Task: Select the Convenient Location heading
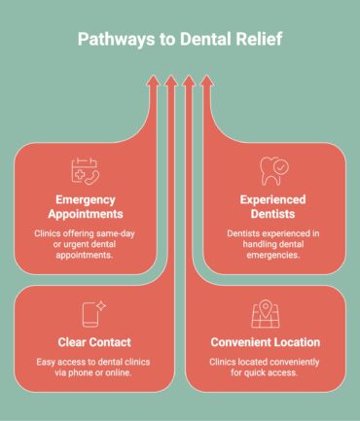[x=265, y=343]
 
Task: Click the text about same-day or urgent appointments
[x=86, y=246]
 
